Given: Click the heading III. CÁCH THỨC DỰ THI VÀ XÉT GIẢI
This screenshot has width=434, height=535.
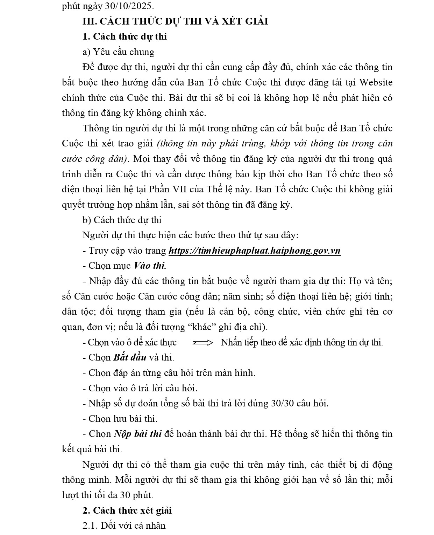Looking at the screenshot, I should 175,21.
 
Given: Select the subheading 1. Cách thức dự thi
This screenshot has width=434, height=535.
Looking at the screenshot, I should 124,37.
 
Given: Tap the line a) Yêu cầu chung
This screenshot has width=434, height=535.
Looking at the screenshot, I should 118,52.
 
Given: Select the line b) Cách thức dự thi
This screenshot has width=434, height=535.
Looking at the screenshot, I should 122,220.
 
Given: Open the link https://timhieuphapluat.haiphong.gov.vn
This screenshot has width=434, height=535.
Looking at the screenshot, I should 254,251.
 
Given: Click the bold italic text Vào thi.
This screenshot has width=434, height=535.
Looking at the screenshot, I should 150,266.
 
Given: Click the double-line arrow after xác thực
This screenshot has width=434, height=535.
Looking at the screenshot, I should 202,343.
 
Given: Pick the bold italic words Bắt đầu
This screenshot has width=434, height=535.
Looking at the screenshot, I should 130,358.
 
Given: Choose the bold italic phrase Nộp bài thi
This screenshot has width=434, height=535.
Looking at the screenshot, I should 137,434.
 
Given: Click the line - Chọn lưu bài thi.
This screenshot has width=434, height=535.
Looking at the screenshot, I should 120,419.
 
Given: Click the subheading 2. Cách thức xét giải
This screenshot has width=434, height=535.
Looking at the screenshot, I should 127,510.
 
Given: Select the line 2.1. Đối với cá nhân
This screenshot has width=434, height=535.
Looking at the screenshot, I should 124,526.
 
